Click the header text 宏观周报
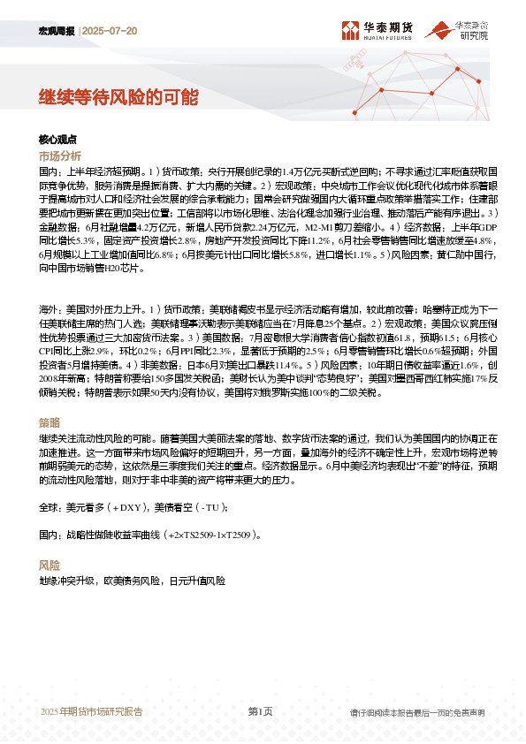point(57,30)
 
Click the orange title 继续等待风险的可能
point(118,96)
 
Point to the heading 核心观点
point(58,140)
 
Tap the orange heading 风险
point(50,565)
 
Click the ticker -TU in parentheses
point(212,507)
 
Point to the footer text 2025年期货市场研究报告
point(92,712)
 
